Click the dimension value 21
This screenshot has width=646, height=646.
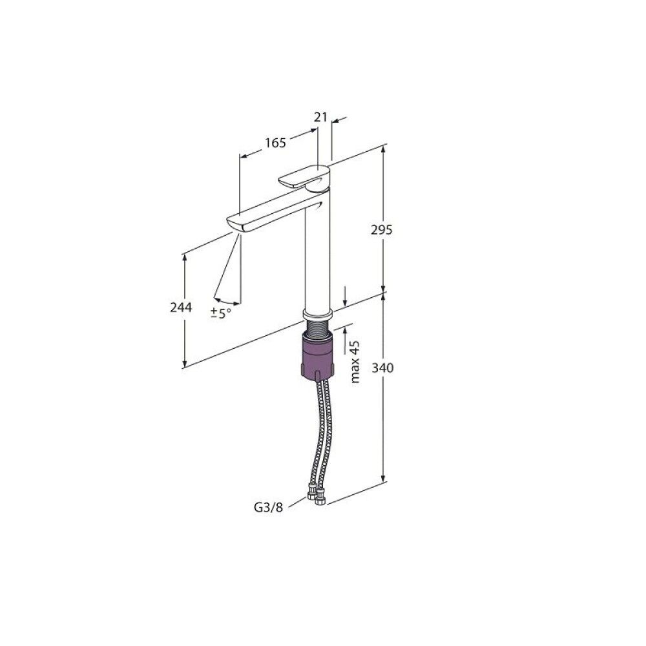coord(320,117)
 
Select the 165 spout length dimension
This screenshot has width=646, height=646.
coord(275,143)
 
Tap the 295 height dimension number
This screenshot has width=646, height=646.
coord(382,230)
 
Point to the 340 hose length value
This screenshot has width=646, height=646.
coord(382,367)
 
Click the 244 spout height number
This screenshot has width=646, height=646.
coord(181,307)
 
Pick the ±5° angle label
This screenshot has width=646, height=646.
coord(220,313)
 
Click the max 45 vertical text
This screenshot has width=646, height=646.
coord(355,362)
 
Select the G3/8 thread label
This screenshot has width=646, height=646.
coord(268,507)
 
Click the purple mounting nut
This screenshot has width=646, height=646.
coord(317,357)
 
